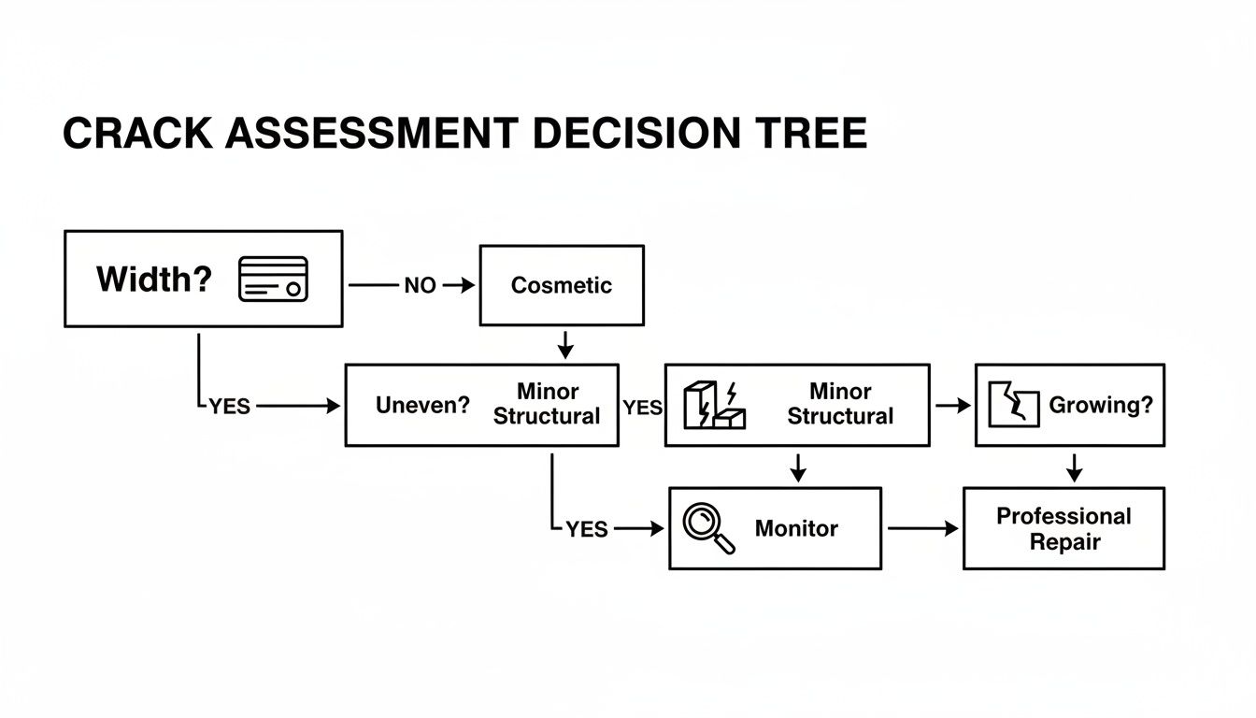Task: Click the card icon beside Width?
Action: tap(273, 279)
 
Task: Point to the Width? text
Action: tap(154, 279)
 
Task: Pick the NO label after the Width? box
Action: tap(420, 286)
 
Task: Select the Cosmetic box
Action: tap(562, 285)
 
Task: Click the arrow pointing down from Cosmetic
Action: tap(564, 345)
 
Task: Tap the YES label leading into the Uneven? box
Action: tap(230, 407)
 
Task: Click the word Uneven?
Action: tap(422, 406)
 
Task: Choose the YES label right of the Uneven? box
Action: tap(642, 408)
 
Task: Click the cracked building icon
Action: tap(715, 405)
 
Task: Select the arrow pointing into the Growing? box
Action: tap(953, 406)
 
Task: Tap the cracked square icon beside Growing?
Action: tap(1014, 405)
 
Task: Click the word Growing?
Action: tap(1101, 405)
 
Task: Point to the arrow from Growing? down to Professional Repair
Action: tap(1074, 467)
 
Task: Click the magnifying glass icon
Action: tap(708, 528)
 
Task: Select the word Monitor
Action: tap(796, 528)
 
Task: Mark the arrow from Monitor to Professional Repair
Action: tap(922, 528)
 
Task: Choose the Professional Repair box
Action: tap(1063, 528)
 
